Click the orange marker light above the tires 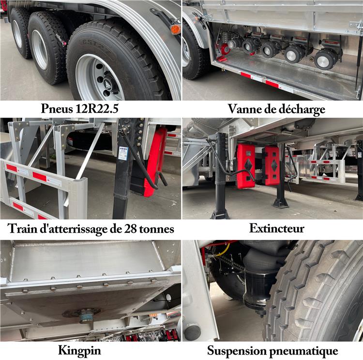175,29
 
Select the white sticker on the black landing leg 123,153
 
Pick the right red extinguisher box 272,165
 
